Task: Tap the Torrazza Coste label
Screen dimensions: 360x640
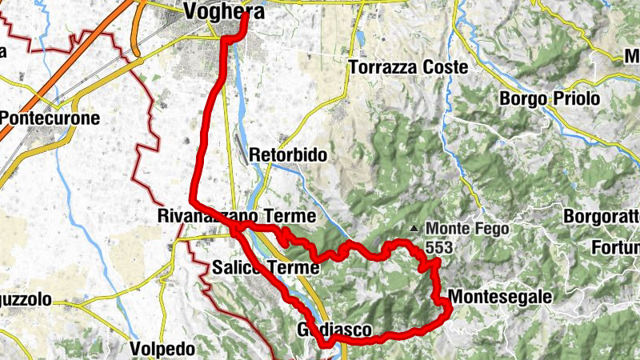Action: click(x=408, y=68)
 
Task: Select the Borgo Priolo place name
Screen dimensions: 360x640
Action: click(x=549, y=99)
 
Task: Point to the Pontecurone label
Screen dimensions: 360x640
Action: click(x=50, y=118)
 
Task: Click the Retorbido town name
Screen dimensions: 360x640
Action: click(x=288, y=154)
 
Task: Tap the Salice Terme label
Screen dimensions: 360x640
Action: click(x=266, y=267)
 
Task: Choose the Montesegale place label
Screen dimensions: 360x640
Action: click(x=500, y=298)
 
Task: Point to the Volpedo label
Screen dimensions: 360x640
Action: click(x=162, y=349)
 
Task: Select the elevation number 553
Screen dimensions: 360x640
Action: click(x=438, y=248)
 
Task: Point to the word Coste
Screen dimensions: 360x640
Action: click(x=443, y=68)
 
